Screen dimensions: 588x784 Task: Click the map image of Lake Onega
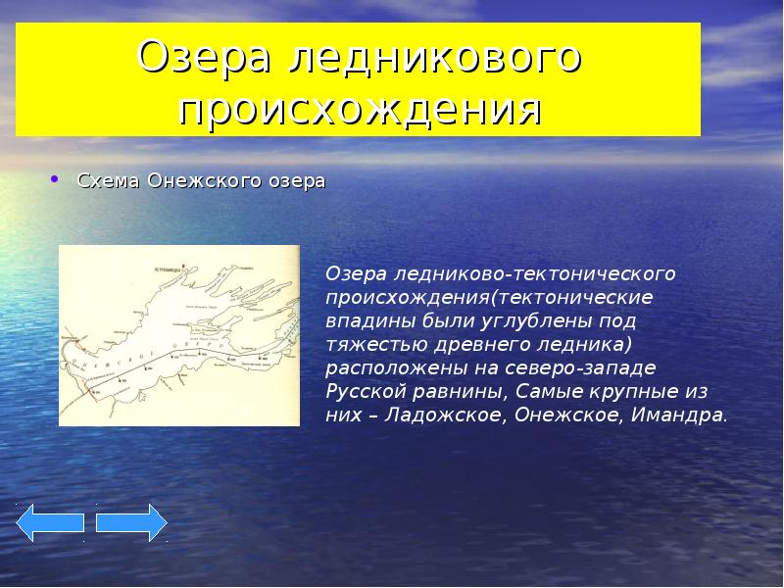(179, 335)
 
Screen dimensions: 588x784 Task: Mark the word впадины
(365, 319)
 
